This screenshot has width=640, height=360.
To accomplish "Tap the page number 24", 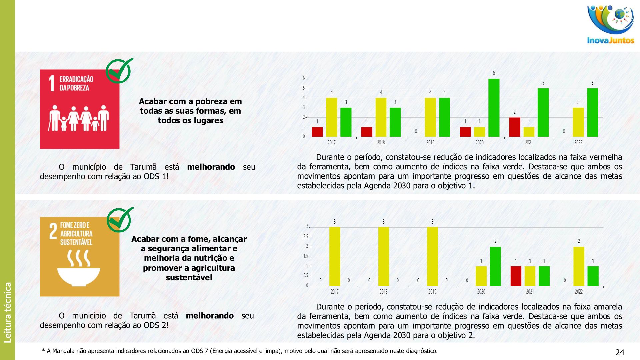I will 620,352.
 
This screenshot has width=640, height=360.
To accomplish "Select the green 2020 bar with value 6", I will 494,108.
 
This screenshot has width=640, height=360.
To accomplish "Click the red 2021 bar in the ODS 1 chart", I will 515,127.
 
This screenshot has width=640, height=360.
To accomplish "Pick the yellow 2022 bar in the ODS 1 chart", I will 578,122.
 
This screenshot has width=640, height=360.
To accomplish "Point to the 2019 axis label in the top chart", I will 430,142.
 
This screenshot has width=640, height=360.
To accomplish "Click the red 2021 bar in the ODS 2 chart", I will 516,276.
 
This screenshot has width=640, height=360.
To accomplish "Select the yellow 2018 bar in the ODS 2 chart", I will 383,256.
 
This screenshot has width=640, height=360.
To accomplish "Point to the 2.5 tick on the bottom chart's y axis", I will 306,237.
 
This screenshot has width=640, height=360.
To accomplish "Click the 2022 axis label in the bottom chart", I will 579,292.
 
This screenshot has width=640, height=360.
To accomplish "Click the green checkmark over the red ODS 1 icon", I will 119,71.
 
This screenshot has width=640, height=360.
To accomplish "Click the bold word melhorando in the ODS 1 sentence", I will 211,167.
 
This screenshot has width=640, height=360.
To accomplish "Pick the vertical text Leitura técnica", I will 7,312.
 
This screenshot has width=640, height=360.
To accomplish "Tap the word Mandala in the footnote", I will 63,351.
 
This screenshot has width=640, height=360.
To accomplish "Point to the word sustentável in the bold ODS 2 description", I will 189,277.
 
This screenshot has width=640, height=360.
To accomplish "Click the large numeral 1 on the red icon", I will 52,83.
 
